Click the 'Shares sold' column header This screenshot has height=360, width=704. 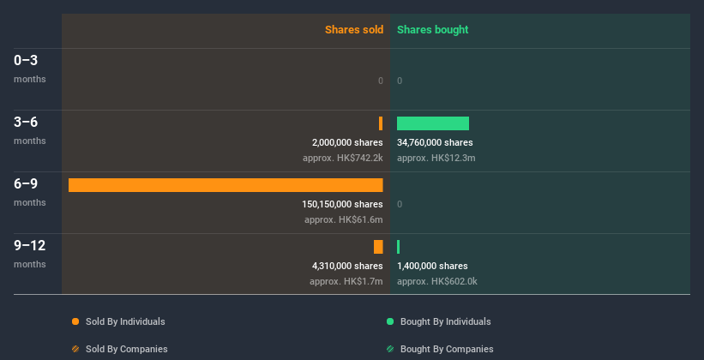pos(353,30)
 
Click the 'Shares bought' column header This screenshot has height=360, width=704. pos(432,30)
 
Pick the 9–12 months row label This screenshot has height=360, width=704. pos(30,253)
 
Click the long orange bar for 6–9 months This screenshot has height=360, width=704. pos(226,185)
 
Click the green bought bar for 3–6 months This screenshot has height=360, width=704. pos(433,123)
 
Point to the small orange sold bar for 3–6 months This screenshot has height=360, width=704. pos(381,123)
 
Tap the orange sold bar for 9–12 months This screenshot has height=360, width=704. pos(378,247)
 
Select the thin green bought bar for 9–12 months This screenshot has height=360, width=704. pos(399,247)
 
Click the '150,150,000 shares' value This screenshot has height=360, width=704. pos(342,204)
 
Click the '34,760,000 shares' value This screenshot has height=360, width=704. pos(435,142)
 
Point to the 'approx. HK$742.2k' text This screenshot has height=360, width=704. pos(343,158)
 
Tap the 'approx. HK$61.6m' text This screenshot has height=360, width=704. pos(344,219)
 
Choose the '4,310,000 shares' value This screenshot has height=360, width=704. pos(347,266)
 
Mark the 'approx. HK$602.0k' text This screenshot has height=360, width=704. pos(437,281)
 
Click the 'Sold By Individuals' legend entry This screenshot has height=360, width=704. pos(119,321)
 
